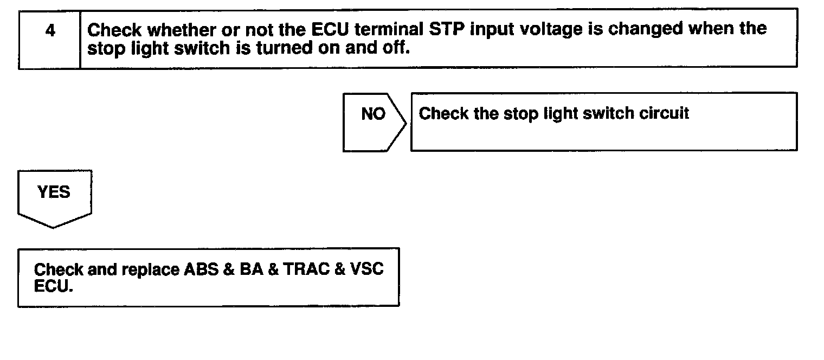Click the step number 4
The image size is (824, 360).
[50, 31]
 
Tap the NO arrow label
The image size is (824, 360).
[373, 114]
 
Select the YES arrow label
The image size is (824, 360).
[54, 192]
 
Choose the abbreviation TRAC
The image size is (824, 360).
[305, 269]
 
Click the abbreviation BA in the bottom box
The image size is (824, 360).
[250, 269]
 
